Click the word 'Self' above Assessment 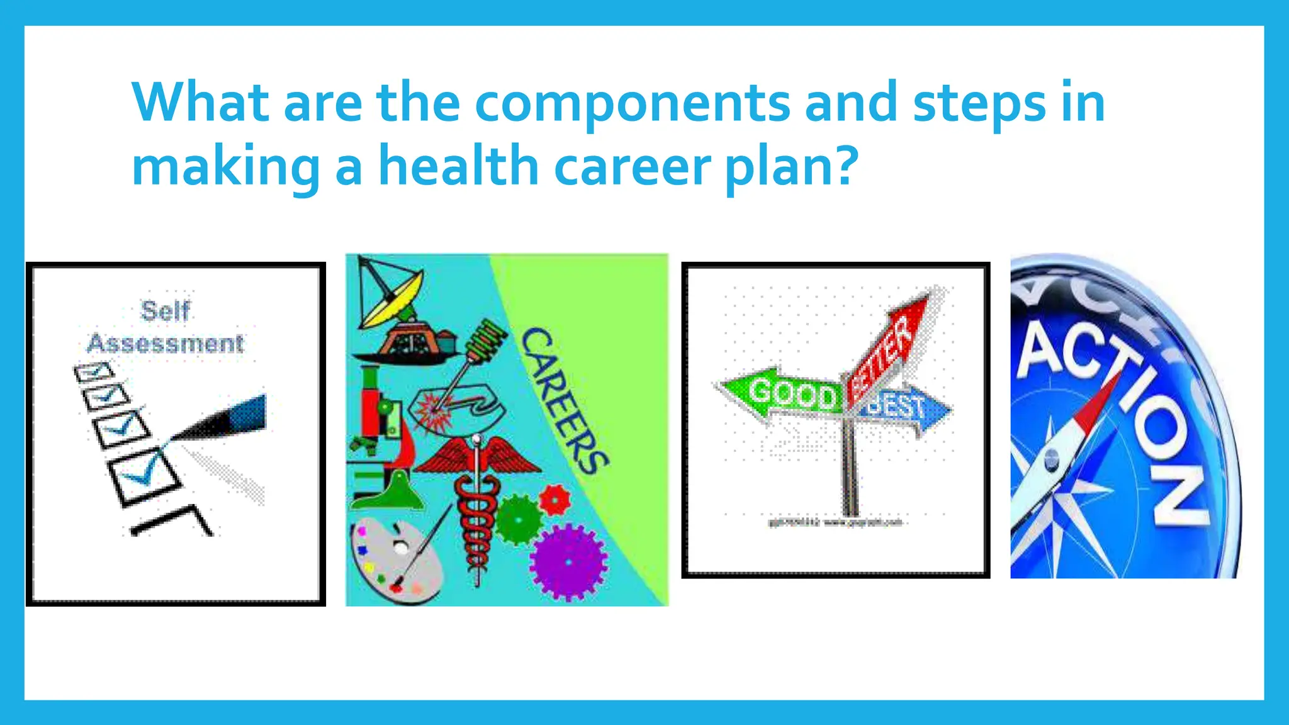pyautogui.click(x=165, y=311)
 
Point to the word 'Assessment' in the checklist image pyautogui.click(x=165, y=344)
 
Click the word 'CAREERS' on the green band pyautogui.click(x=564, y=400)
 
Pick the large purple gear pyautogui.click(x=568, y=562)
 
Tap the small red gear pyautogui.click(x=554, y=500)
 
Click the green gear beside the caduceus pyautogui.click(x=519, y=519)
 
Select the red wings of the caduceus pyautogui.click(x=477, y=457)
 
